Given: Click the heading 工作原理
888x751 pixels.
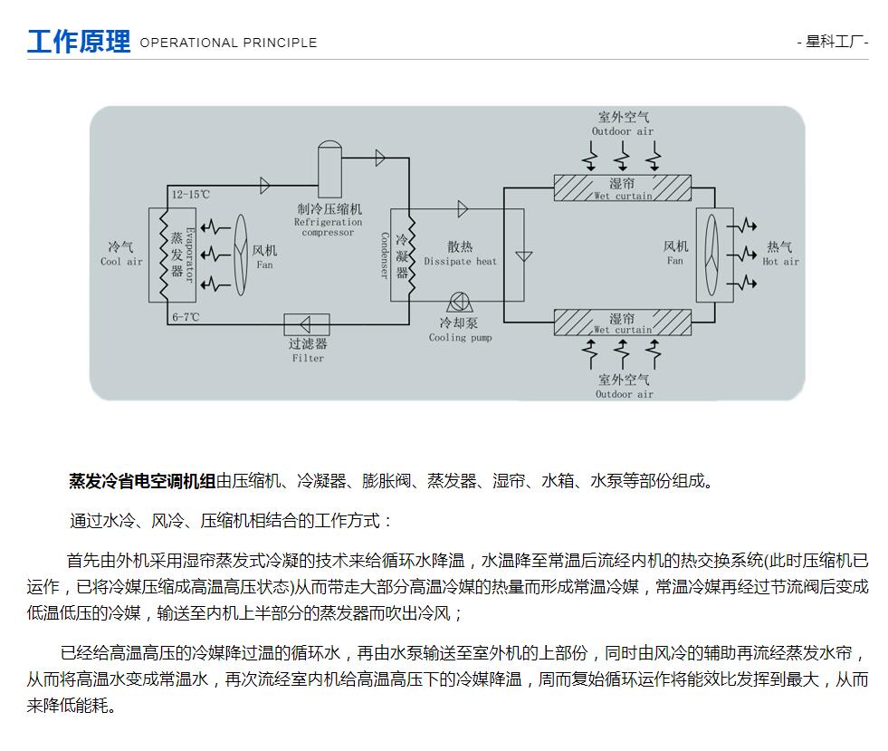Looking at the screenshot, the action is pyautogui.click(x=79, y=42).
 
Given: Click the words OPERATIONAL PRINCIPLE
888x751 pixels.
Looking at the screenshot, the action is pyautogui.click(x=228, y=43).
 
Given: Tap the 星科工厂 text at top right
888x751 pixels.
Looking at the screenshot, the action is pyautogui.click(x=834, y=42).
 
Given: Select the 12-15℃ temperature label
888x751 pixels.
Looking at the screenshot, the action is pyautogui.click(x=191, y=195).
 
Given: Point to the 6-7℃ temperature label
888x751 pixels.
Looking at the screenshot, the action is pyautogui.click(x=186, y=317).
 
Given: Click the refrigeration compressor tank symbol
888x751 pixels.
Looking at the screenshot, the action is pyautogui.click(x=329, y=168).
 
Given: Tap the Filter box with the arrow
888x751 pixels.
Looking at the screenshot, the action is pyautogui.click(x=306, y=324).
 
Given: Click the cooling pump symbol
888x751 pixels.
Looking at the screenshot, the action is pyautogui.click(x=460, y=302).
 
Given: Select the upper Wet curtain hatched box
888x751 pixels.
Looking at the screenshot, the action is pyautogui.click(x=623, y=188).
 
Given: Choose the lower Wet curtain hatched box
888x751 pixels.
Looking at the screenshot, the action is pyautogui.click(x=623, y=323).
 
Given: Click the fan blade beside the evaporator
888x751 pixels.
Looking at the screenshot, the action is pyautogui.click(x=242, y=255).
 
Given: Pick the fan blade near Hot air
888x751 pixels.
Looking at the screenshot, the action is pyautogui.click(x=711, y=255).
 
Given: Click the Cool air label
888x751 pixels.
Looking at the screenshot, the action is pyautogui.click(x=121, y=254).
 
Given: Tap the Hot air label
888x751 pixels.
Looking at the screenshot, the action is pyautogui.click(x=780, y=254).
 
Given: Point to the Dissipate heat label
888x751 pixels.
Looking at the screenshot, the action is pyautogui.click(x=461, y=254).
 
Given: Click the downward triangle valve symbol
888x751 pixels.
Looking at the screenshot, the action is pyautogui.click(x=524, y=256).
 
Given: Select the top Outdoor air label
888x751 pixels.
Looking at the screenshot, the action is pyautogui.click(x=623, y=123).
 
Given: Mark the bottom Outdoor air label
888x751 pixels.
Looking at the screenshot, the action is pyautogui.click(x=624, y=386).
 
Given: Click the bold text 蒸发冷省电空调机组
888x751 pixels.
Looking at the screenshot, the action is pyautogui.click(x=142, y=481).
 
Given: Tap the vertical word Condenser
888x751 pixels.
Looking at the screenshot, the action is pyautogui.click(x=385, y=255).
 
